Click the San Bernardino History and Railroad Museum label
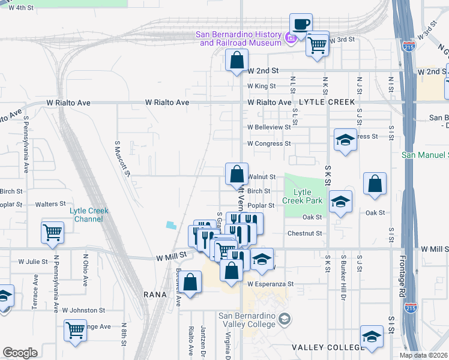239,38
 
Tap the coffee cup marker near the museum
301,25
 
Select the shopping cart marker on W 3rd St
317,43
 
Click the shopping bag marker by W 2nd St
237,61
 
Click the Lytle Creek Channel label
89,214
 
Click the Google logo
20,353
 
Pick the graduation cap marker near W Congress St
345,141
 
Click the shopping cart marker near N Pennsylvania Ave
52,232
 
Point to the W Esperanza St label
270,284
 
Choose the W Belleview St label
269,127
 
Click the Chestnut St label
305,233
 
